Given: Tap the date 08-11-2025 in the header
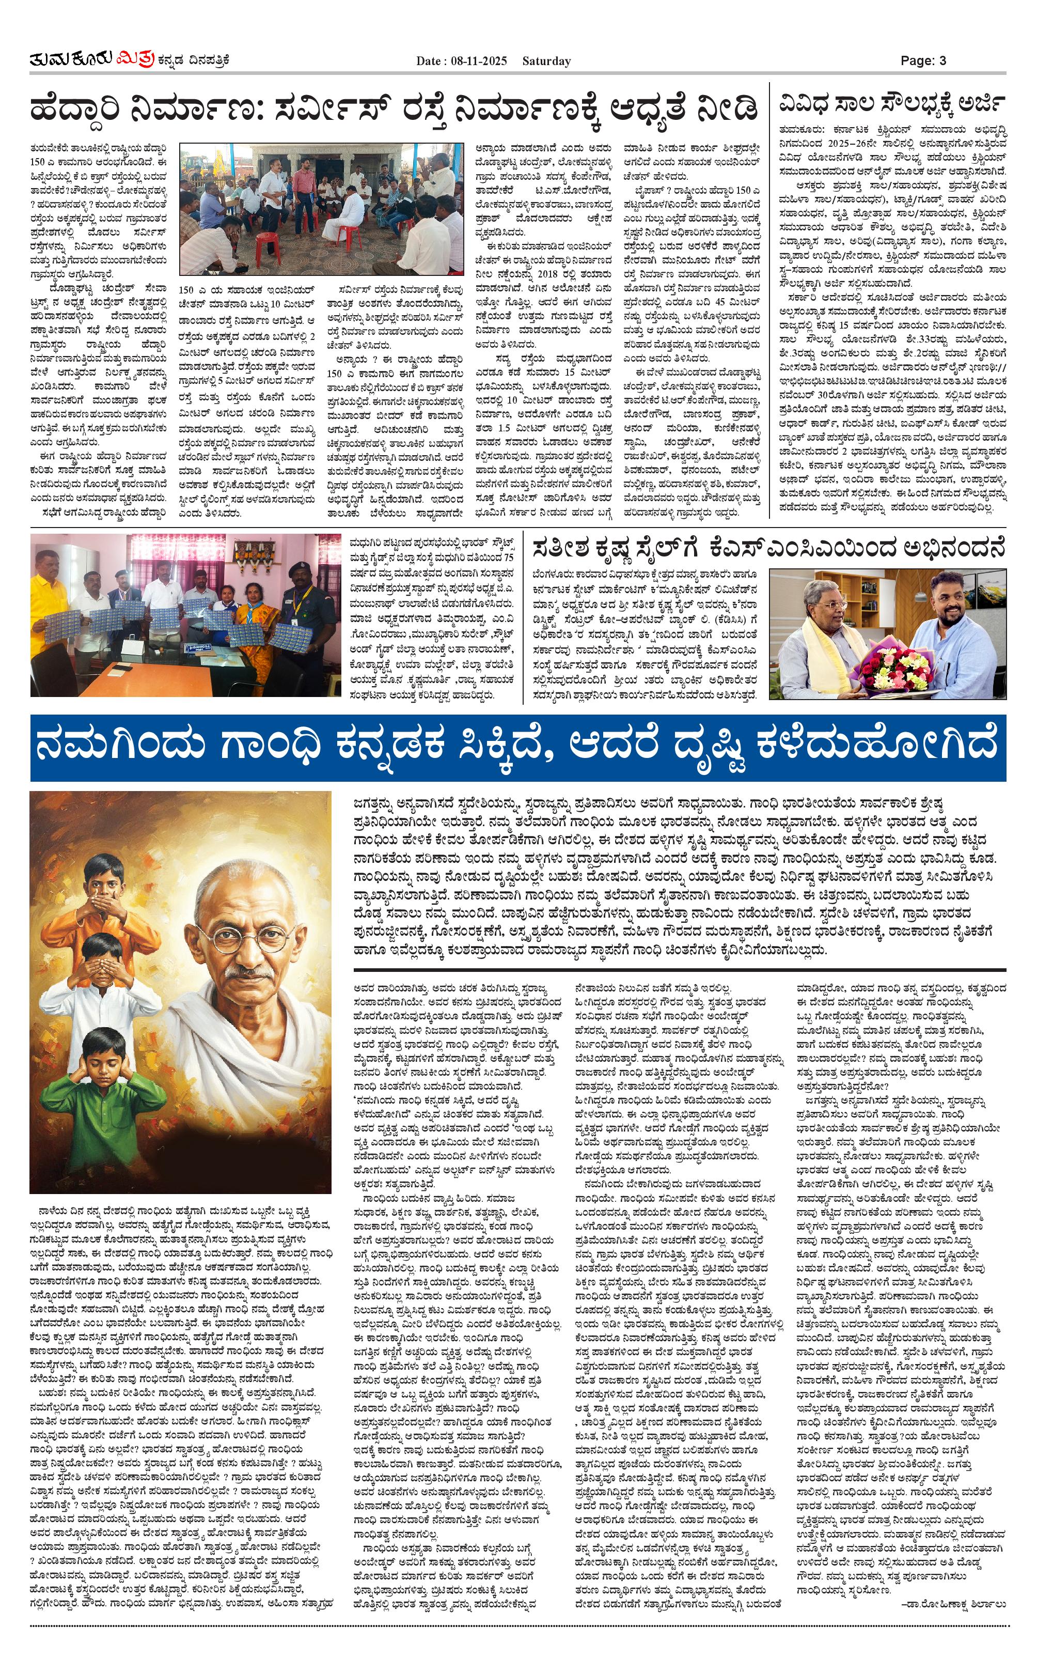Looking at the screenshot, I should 479,61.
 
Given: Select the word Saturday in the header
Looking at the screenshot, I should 546,61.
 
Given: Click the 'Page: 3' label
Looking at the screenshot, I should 923,60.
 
